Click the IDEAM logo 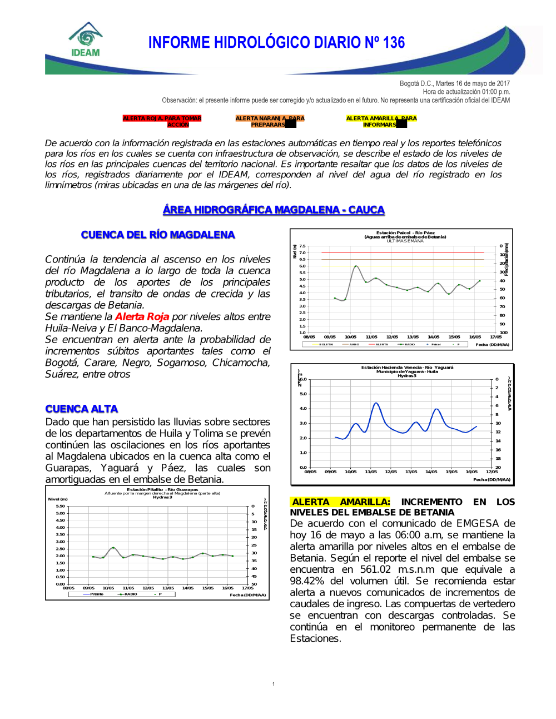point(86,39)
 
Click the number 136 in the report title point(394,43)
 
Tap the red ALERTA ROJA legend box point(162,121)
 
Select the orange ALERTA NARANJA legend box point(270,121)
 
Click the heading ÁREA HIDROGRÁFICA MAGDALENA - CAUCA point(274,210)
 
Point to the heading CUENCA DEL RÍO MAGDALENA point(158,235)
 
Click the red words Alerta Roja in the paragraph point(142,316)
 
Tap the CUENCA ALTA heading point(81,409)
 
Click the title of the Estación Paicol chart point(405,233)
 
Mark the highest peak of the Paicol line point(356,266)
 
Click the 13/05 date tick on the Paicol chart point(413,337)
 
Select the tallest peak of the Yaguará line point(376,403)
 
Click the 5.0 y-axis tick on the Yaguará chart point(303,394)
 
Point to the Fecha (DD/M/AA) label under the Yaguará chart point(492,479)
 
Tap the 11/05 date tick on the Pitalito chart point(128,588)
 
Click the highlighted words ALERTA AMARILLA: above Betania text point(340,502)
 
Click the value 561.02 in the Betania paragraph point(375,569)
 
